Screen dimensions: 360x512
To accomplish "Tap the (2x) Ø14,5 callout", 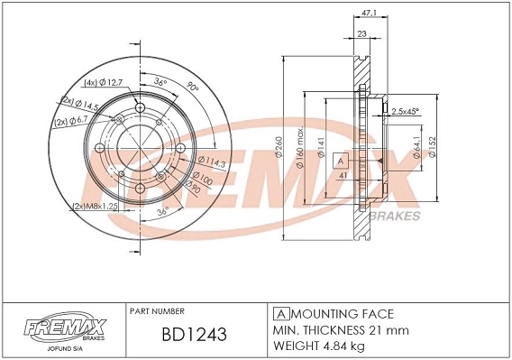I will (78, 100).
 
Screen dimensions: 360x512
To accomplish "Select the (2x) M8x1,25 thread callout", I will (96, 206).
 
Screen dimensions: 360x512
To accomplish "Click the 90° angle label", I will (191, 88).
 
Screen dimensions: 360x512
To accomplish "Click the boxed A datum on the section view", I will (341, 162).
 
